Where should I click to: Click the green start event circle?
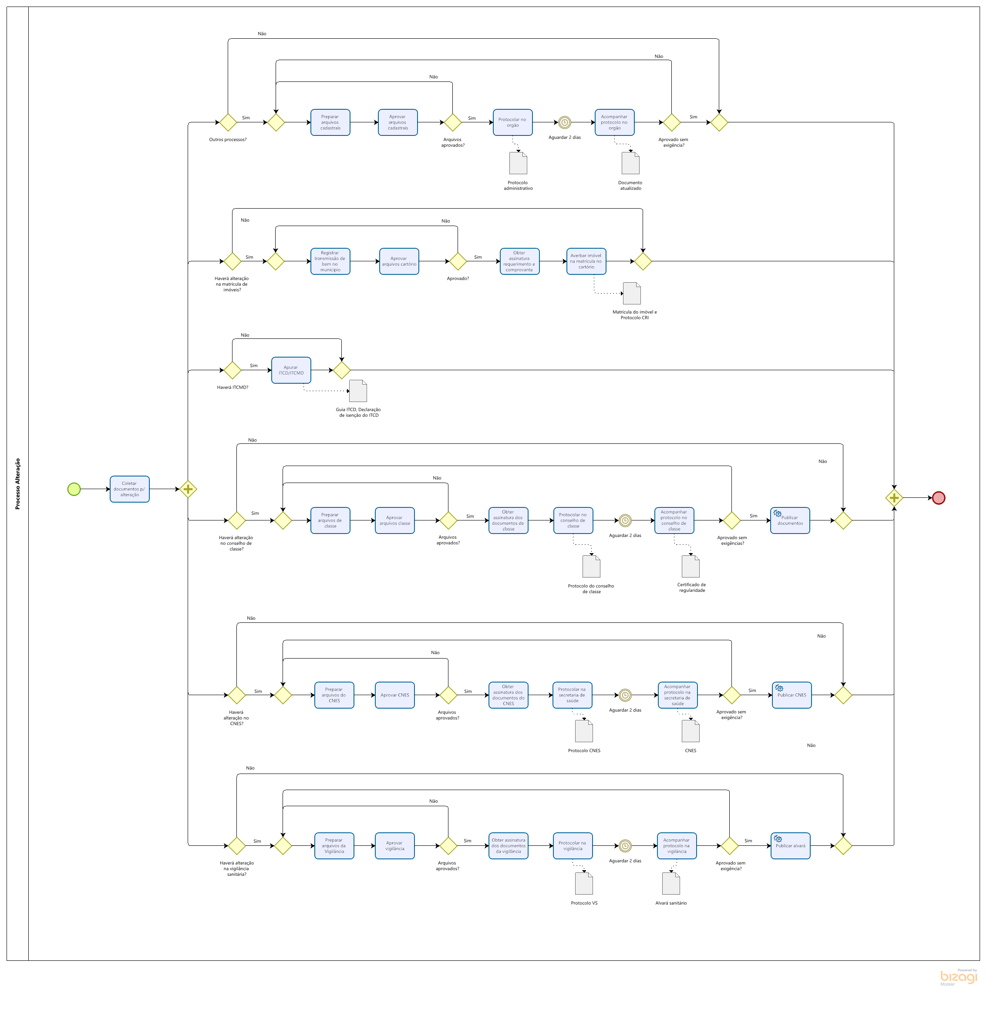coord(74,489)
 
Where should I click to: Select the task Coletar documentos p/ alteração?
coord(130,489)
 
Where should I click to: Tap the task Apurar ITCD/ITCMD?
coord(291,370)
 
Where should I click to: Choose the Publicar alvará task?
coord(791,845)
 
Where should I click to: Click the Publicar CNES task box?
coord(792,695)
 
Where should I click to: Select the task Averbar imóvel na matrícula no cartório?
coord(586,261)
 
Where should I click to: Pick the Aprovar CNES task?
coord(395,695)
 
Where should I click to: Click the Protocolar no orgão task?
coord(512,122)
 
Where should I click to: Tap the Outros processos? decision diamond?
coord(228,122)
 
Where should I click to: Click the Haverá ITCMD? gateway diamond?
coord(232,370)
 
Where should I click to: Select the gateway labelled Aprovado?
coord(458,261)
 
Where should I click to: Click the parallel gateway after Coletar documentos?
coord(188,489)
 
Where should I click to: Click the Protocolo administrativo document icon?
coord(518,163)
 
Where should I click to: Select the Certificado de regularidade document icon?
coord(691,566)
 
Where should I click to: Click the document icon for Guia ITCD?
coord(358,391)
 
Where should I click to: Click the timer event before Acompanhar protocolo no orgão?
coord(564,122)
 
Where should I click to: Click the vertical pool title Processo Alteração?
coord(18,483)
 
